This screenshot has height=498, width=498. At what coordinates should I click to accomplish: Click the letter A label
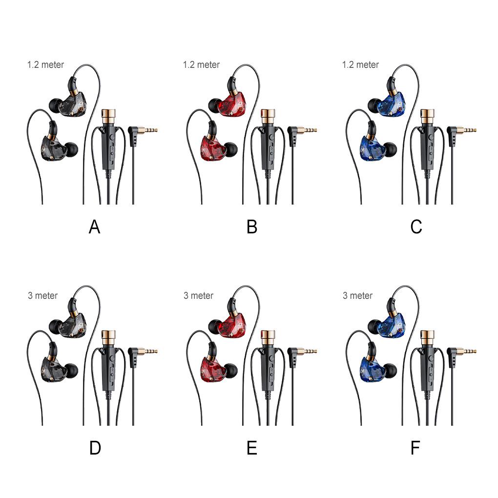click(x=94, y=227)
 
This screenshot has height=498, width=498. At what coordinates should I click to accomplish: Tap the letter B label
click(x=252, y=227)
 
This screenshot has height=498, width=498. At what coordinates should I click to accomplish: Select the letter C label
click(x=416, y=227)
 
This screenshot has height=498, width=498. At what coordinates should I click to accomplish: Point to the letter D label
click(x=95, y=448)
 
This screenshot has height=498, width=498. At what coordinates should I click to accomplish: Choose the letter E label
click(x=252, y=448)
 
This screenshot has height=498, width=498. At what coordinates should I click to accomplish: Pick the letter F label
click(x=415, y=448)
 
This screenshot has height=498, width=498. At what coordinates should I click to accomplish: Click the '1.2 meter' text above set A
click(x=45, y=64)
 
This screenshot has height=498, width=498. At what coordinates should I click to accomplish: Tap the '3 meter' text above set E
click(x=198, y=295)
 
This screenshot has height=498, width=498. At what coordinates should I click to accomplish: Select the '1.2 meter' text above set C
click(x=360, y=64)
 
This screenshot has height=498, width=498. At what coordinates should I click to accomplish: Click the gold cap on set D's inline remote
click(x=108, y=336)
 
